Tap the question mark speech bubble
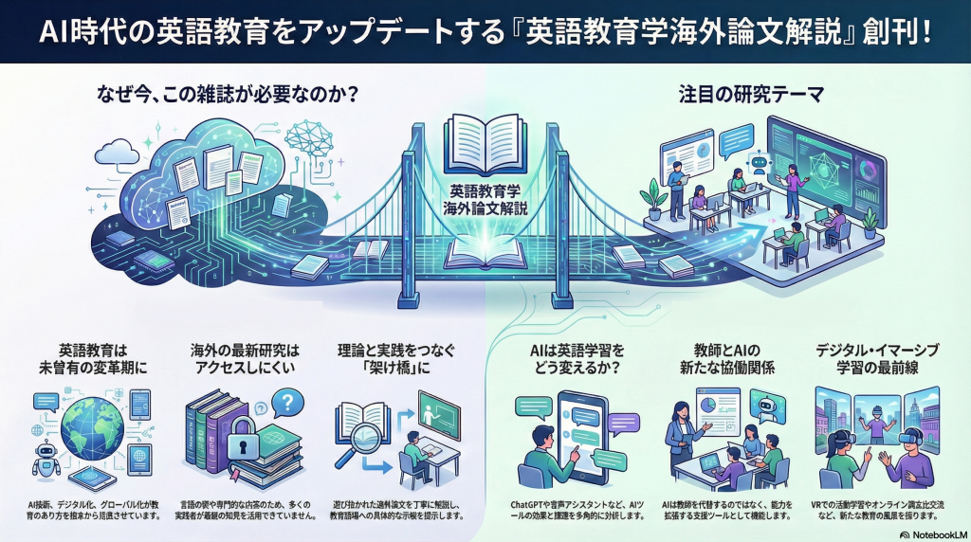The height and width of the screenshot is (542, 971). (x=285, y=405)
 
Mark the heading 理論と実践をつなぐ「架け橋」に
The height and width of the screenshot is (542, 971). (x=396, y=358)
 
